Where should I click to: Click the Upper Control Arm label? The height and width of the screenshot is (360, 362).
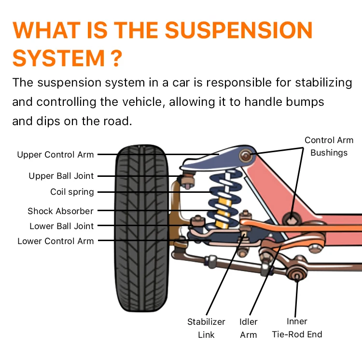click(56, 155)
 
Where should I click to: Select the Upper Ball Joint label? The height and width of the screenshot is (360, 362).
click(61, 176)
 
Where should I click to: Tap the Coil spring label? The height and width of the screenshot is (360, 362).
click(72, 192)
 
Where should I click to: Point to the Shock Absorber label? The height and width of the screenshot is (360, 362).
click(60, 211)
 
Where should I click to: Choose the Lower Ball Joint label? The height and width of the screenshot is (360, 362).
click(62, 226)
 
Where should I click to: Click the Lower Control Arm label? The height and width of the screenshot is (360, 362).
click(56, 241)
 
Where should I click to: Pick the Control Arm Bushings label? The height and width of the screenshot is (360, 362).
click(329, 146)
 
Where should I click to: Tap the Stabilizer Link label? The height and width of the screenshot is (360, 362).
click(206, 328)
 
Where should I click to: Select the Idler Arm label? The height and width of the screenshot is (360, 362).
click(249, 328)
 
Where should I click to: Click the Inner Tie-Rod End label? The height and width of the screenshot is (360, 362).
click(297, 328)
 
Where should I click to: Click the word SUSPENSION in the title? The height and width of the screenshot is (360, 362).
click(239, 31)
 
